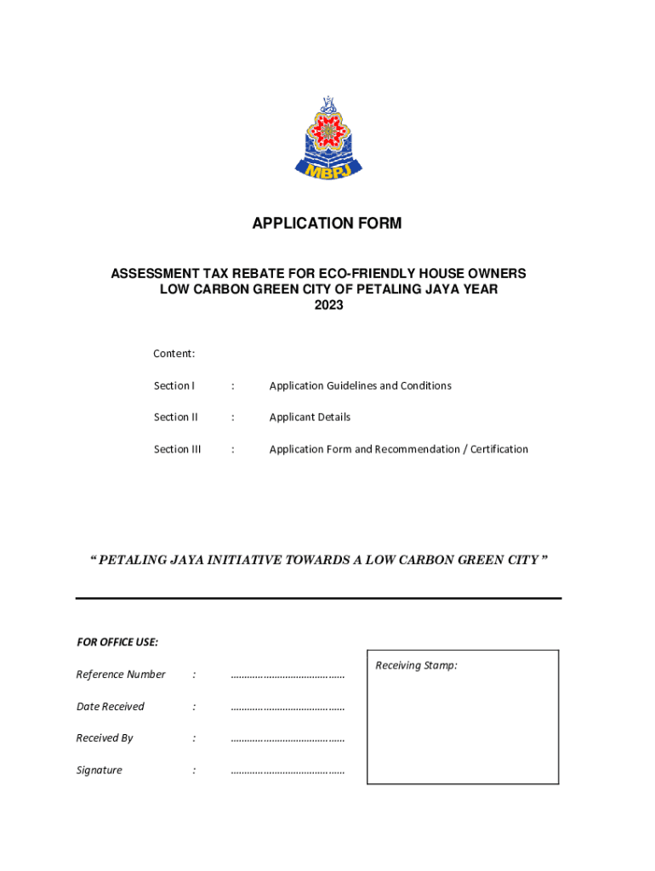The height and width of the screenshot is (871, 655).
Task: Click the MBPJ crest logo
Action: [x=327, y=140]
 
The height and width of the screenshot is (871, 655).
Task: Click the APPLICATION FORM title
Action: [x=327, y=224]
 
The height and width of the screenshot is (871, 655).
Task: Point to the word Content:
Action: [x=174, y=354]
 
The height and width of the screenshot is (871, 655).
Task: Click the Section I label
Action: [x=174, y=386]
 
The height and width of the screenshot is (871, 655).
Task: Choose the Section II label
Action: [x=176, y=418]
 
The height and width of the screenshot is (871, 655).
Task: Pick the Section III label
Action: [x=178, y=449]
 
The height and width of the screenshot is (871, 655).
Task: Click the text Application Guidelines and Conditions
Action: [x=361, y=386]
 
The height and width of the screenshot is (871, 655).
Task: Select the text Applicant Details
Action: [x=310, y=418]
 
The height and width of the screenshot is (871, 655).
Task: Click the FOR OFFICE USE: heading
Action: [x=117, y=642]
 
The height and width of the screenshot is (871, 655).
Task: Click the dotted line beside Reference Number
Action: [x=288, y=675]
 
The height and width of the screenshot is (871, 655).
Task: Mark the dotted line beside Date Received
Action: [x=288, y=708]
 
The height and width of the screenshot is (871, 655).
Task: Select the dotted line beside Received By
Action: [x=288, y=739]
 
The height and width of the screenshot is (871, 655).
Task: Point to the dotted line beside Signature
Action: [x=288, y=771]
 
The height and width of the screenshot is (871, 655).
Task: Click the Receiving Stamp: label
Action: [x=417, y=666]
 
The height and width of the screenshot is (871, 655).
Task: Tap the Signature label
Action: [x=100, y=771]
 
